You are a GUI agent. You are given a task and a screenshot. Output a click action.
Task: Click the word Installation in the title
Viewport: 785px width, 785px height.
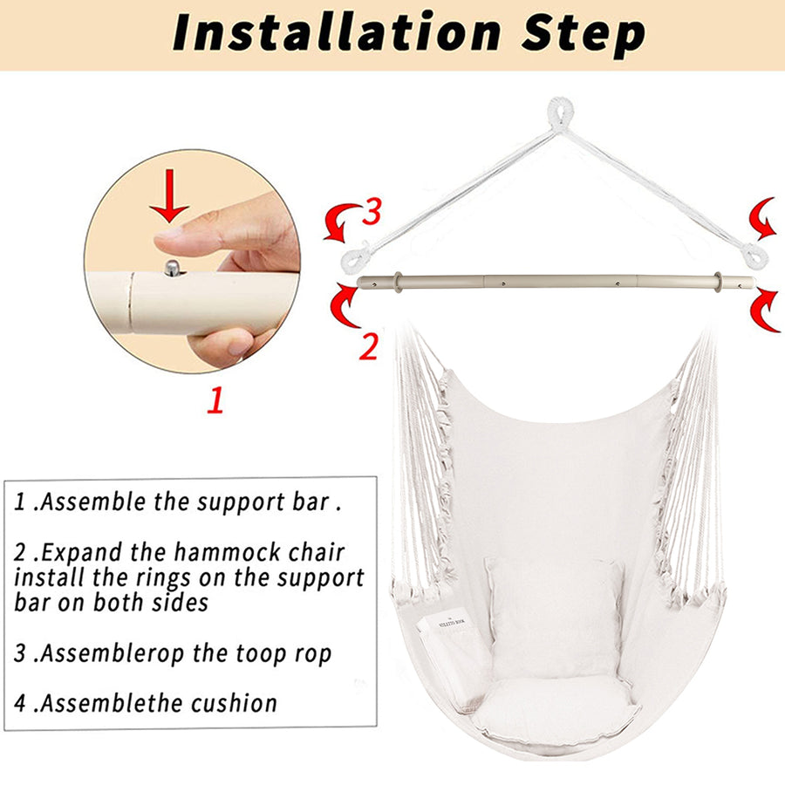pyautogui.click(x=337, y=31)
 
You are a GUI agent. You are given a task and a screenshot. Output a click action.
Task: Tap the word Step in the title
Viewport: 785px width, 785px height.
pyautogui.click(x=583, y=34)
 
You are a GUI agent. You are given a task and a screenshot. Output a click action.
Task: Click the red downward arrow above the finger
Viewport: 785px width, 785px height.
pyautogui.click(x=169, y=195)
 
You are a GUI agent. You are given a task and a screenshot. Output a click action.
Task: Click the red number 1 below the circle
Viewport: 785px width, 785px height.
pyautogui.click(x=215, y=399)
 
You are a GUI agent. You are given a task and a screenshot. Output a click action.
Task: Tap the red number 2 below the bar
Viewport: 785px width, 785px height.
pyautogui.click(x=368, y=346)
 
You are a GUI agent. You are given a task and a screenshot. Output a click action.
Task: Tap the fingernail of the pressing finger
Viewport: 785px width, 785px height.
pyautogui.click(x=167, y=232)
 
